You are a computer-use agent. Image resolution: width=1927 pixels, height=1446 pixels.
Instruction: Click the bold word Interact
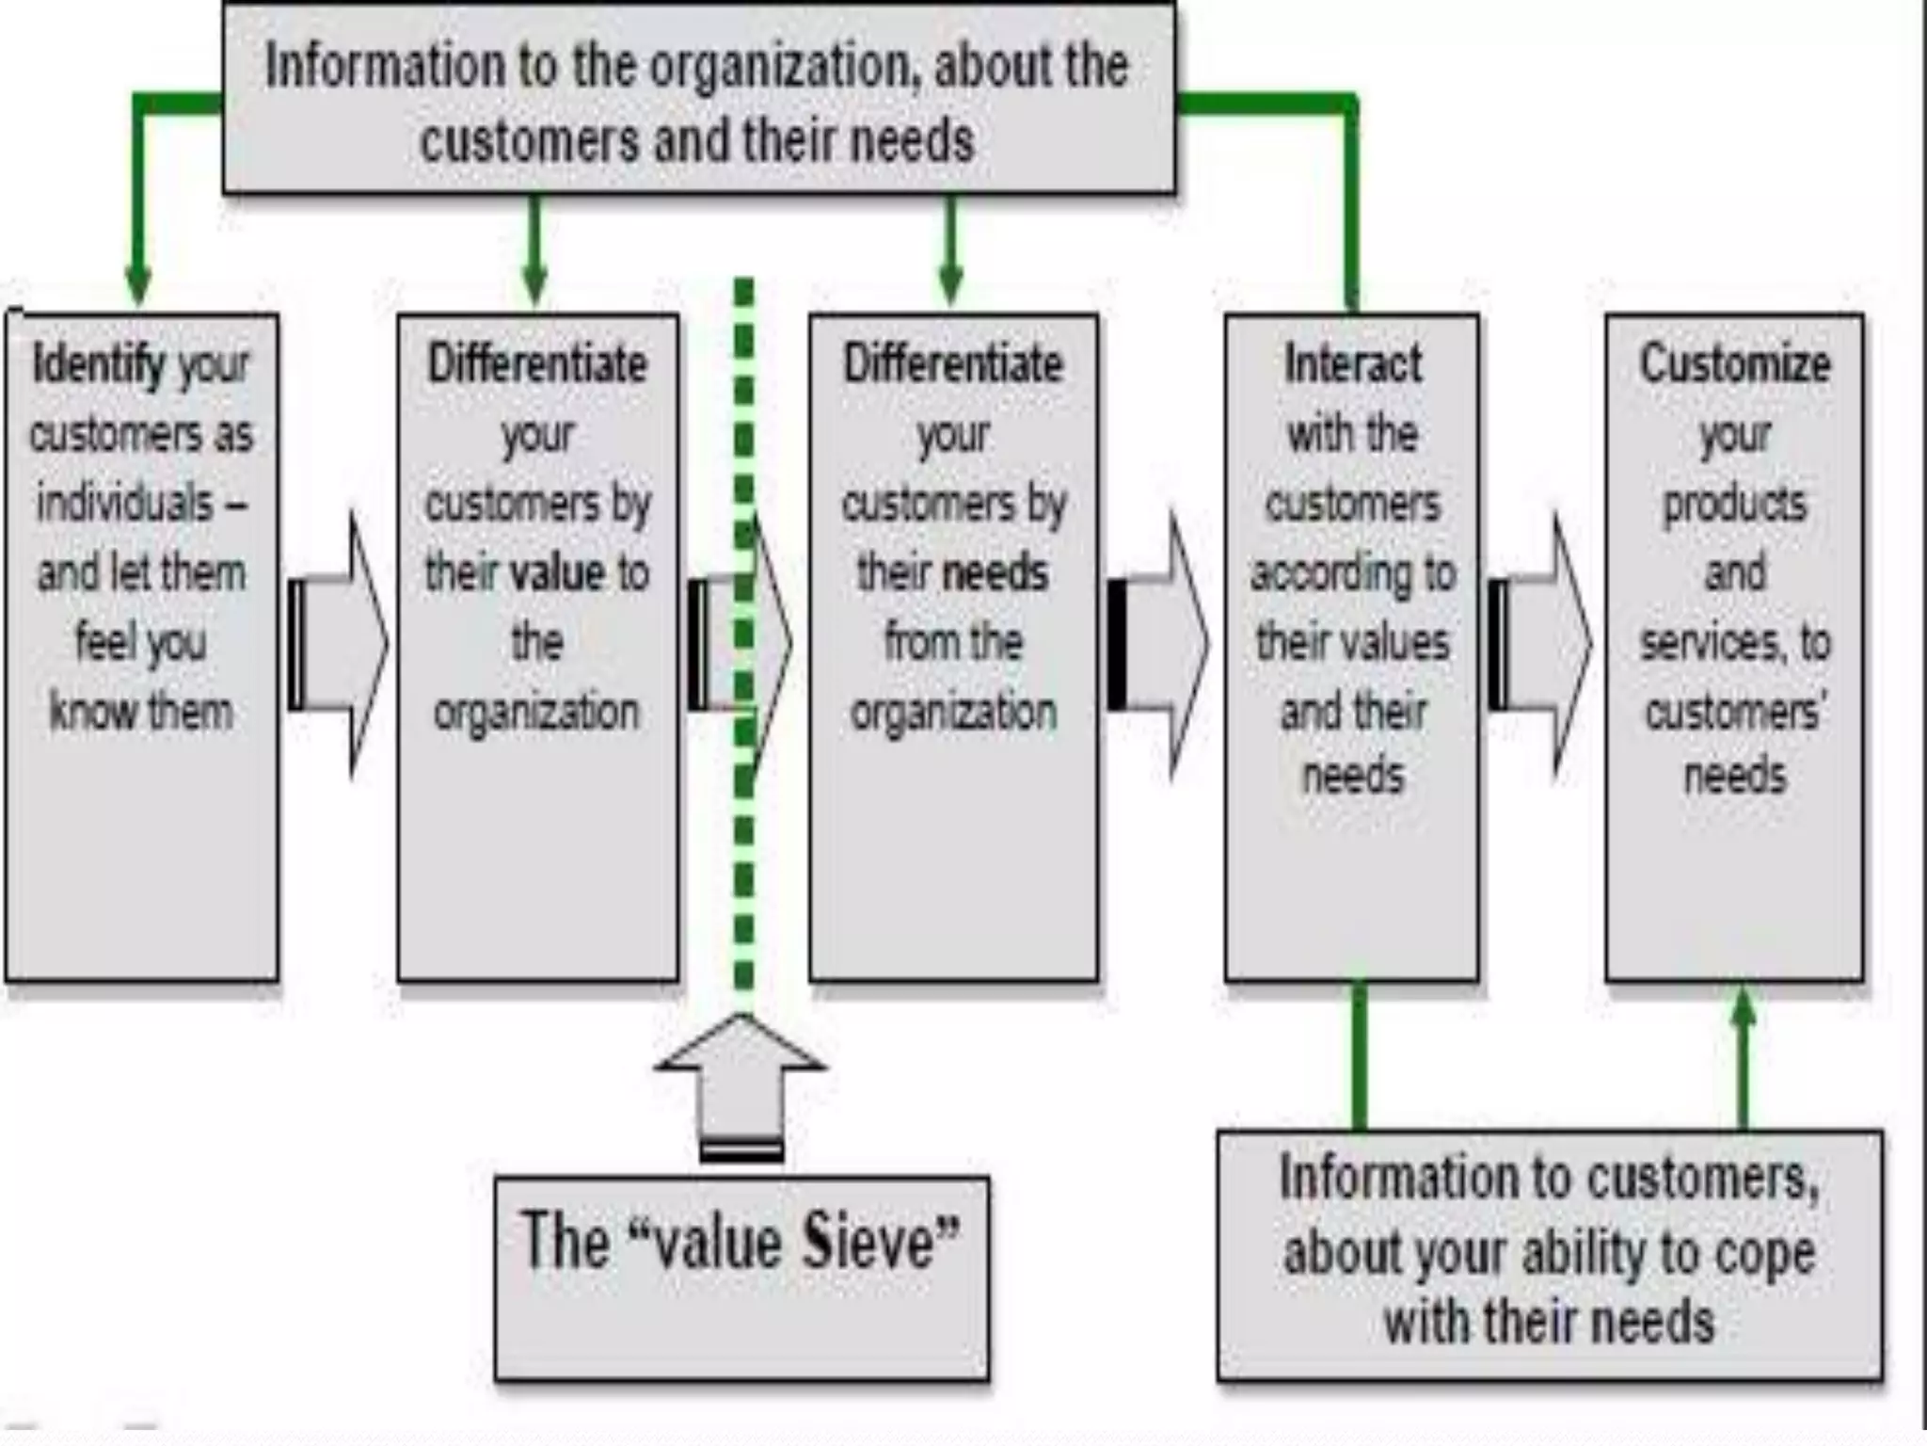pyautogui.click(x=1352, y=363)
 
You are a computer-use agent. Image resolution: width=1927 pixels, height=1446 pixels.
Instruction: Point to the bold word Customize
pyautogui.click(x=1735, y=363)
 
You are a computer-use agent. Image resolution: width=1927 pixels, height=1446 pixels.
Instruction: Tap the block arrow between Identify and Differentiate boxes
pyautogui.click(x=339, y=646)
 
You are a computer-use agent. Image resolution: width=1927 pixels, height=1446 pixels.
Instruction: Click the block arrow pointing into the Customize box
pyautogui.click(x=1541, y=646)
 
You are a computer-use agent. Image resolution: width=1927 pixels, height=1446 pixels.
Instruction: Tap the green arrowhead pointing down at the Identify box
pyautogui.click(x=138, y=282)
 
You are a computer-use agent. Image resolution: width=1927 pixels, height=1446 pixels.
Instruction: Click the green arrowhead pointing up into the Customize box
pyautogui.click(x=1743, y=1007)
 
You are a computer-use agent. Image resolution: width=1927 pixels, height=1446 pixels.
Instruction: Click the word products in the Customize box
pyautogui.click(x=1735, y=504)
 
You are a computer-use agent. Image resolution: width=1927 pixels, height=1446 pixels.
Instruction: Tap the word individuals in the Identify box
pyautogui.click(x=125, y=504)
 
